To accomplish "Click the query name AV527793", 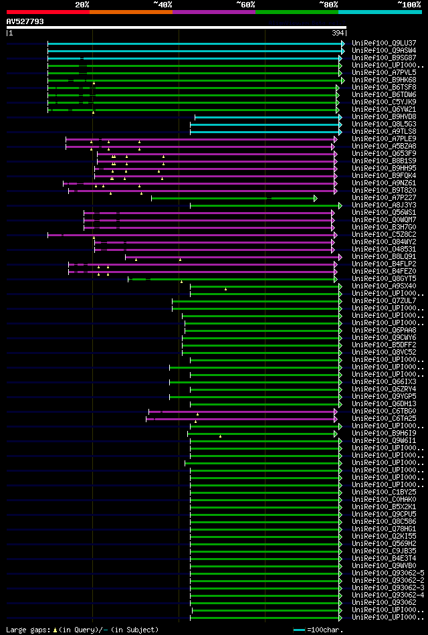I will coord(25,21).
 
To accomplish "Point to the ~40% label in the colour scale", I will coord(163,5).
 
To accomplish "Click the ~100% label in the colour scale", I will coord(409,5).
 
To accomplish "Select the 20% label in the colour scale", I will coord(82,5).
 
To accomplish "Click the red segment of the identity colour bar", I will coord(47,11).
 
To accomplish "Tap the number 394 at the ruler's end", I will coord(338,33).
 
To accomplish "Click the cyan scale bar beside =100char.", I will coord(299,630).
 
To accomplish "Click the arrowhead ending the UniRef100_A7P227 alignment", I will coord(315,198).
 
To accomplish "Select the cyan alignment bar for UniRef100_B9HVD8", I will coord(267,117).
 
